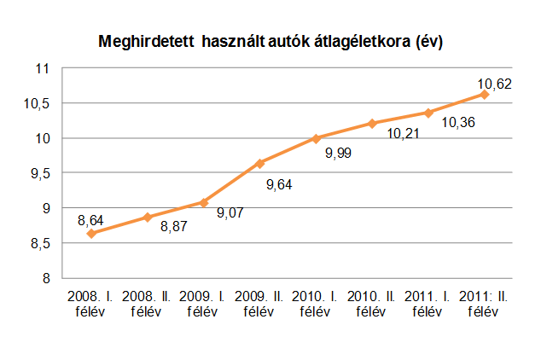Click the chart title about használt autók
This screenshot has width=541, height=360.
click(270, 41)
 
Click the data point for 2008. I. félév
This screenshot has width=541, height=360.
click(91, 233)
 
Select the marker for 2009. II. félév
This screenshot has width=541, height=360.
click(260, 163)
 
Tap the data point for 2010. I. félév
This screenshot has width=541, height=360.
click(316, 138)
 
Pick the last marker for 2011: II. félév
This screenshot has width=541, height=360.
click(484, 94)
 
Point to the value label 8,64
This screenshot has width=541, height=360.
click(91, 219)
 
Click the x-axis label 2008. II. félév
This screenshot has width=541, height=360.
click(147, 303)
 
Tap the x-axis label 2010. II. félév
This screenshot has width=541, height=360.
click(372, 303)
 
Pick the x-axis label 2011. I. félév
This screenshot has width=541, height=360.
click(428, 303)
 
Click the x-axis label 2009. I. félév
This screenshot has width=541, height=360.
click(203, 303)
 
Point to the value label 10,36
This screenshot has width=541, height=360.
click(458, 124)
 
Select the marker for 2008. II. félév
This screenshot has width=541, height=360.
click(148, 217)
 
